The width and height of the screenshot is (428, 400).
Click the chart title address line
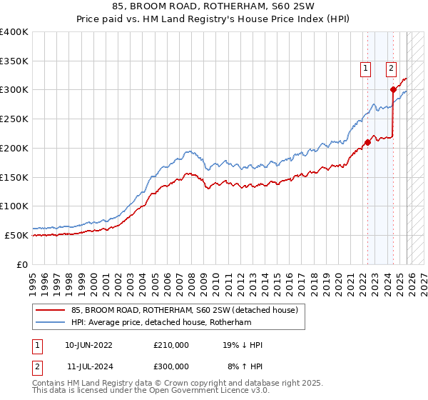pyautogui.click(x=214, y=6)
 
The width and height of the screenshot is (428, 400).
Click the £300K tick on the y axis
pyautogui.click(x=14, y=90)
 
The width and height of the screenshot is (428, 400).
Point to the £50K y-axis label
pyautogui.click(x=16, y=235)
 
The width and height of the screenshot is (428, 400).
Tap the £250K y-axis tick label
pyautogui.click(x=14, y=119)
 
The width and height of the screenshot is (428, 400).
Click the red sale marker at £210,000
pyautogui.click(x=367, y=142)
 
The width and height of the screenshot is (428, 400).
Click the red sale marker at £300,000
pyautogui.click(x=393, y=89)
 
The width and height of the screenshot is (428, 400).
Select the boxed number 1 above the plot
pyautogui.click(x=365, y=69)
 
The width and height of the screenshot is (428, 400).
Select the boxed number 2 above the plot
pyautogui.click(x=392, y=69)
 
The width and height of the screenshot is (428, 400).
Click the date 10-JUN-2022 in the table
pyautogui.click(x=88, y=345)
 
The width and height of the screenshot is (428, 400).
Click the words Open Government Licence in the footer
pyautogui.click(x=196, y=391)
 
